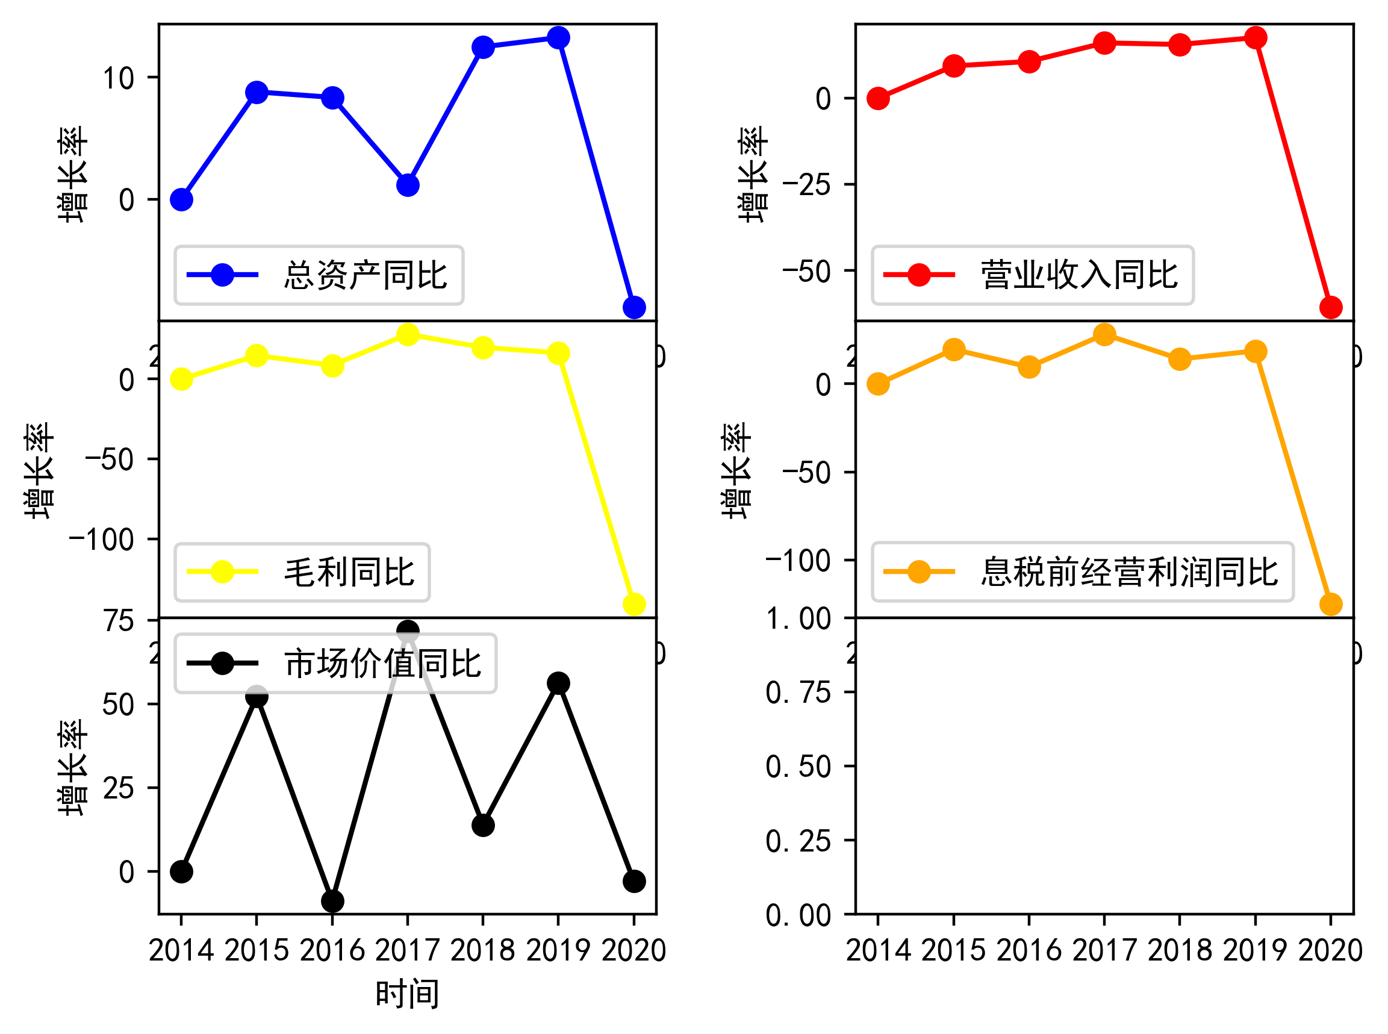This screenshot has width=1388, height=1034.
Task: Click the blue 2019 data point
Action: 558,37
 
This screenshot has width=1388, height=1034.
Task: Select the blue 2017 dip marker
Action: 408,185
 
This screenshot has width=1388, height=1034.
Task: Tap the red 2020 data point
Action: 1330,307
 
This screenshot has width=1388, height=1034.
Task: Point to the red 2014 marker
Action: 878,98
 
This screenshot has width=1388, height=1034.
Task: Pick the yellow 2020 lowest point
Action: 634,604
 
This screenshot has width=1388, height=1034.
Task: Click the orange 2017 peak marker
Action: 1104,334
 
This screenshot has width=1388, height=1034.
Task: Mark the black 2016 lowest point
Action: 332,902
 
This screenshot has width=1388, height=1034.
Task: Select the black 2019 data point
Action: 558,683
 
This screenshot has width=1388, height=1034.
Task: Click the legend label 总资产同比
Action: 366,275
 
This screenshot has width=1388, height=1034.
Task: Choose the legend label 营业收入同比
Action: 1079,275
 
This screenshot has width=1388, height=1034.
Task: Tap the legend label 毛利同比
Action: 349,572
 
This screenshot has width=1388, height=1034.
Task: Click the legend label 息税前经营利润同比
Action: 1129,572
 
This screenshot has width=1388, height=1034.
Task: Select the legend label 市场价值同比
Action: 382,664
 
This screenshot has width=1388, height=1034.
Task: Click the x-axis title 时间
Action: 408,994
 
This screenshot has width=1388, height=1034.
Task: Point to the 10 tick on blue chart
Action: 118,78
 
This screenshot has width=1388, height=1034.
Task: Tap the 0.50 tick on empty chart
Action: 798,767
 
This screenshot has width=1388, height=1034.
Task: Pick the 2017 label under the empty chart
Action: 1104,950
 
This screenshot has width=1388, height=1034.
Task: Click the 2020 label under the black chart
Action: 634,950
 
